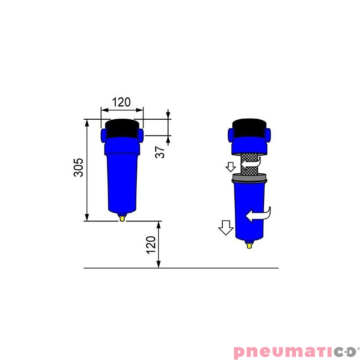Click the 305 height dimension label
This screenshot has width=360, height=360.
tap(79, 167)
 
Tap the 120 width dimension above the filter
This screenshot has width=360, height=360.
tap(121, 102)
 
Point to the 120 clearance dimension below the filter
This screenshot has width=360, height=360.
tap(151, 245)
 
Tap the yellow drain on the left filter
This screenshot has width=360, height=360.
tap(121, 218)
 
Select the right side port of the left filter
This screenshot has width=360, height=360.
tap(141, 134)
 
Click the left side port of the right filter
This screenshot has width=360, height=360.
tap(230, 134)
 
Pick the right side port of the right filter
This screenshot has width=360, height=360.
tap(269, 134)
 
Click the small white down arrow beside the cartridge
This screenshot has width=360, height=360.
tap(231, 167)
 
